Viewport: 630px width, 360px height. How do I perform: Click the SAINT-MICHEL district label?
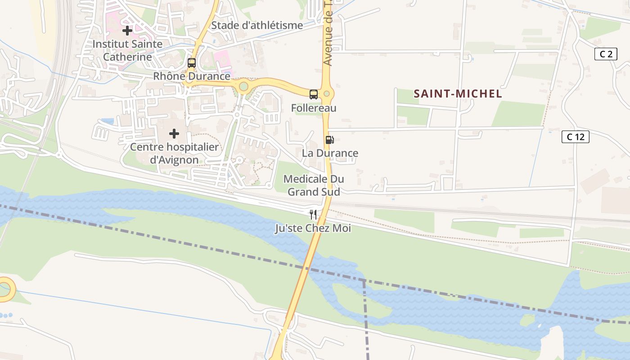click(458, 94)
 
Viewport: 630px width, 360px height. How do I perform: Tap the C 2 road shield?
click(606, 54)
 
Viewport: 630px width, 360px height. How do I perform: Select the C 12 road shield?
click(576, 137)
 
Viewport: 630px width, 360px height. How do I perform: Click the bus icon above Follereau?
click(314, 94)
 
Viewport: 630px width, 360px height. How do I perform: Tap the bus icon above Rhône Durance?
click(192, 63)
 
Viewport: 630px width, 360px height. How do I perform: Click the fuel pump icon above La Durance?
click(329, 140)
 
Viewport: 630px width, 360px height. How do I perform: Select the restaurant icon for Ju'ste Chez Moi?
click(313, 215)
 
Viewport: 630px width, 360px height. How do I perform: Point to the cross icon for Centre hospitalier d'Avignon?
click(174, 134)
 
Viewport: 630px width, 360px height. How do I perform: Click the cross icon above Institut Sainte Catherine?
click(127, 31)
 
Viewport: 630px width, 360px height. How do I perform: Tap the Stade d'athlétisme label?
click(257, 25)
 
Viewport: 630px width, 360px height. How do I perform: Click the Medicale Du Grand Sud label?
click(314, 185)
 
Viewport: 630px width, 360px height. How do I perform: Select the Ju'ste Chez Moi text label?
click(313, 228)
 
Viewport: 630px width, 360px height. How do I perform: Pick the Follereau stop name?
click(314, 108)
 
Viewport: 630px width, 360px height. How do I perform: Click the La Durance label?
click(330, 153)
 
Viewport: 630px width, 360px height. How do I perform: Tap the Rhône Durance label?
click(192, 76)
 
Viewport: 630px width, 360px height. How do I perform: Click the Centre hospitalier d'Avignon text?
click(174, 153)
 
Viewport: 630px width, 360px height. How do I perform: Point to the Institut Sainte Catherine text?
click(127, 50)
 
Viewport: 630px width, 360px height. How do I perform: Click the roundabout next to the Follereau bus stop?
click(327, 94)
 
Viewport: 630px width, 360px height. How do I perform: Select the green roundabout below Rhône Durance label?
click(243, 86)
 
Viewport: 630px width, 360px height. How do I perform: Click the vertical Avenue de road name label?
click(328, 34)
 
